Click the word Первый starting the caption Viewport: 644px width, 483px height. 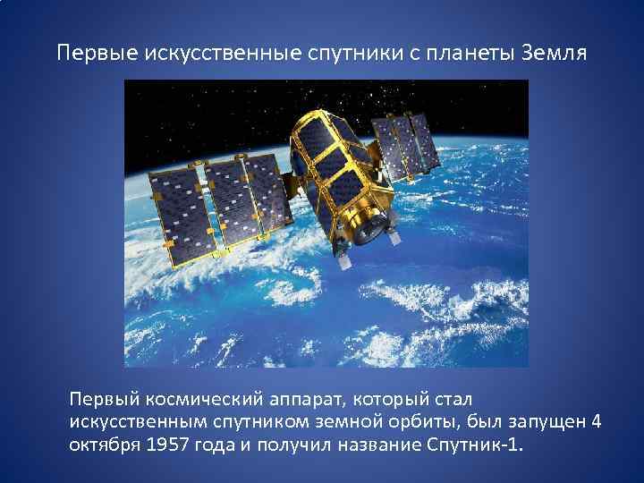[x=103, y=396]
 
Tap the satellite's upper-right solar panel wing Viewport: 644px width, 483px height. [x=406, y=143]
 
